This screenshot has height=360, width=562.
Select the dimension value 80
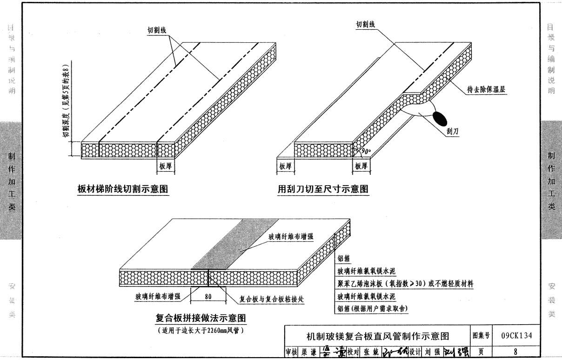208,296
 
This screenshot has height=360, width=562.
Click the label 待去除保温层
486,90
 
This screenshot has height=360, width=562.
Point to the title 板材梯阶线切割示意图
123,189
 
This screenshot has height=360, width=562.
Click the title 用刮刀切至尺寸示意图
323,189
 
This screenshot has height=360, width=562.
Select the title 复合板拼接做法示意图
201,319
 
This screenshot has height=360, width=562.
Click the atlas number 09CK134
516,335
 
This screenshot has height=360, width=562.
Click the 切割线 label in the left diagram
157,30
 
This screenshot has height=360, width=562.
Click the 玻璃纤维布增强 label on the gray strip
291,237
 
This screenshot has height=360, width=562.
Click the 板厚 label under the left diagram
166,166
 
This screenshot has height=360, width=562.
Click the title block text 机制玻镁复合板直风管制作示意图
377,336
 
